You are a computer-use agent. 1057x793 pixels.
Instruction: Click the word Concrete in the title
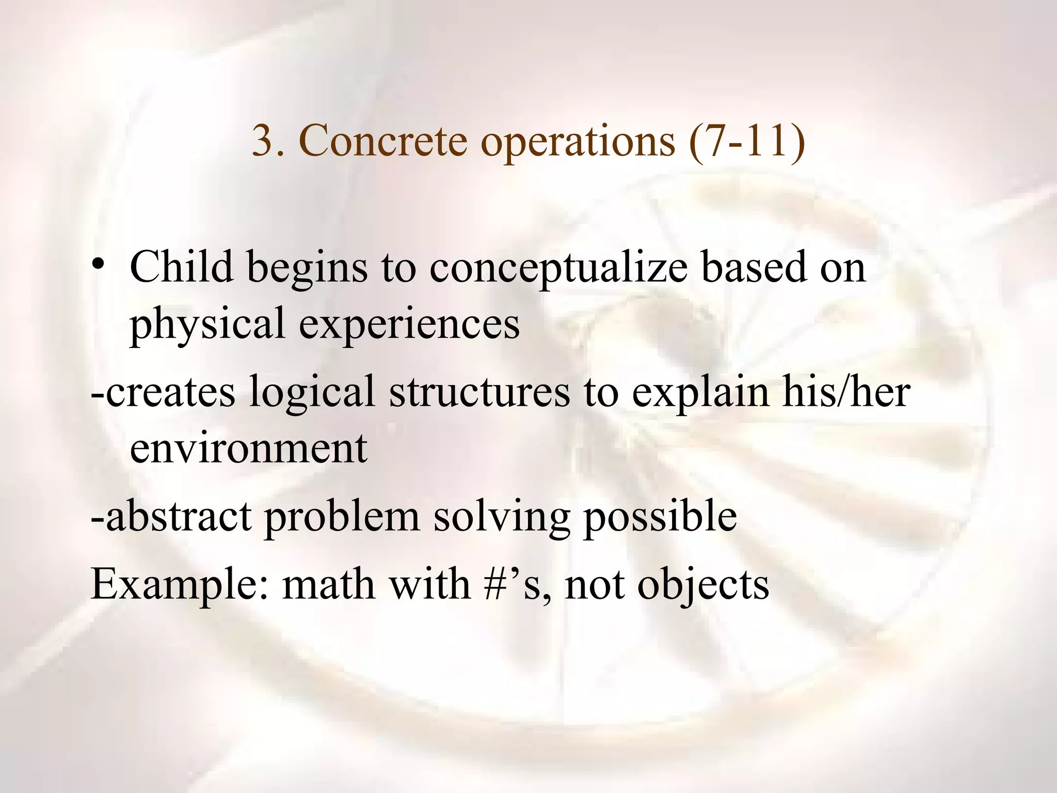click(x=382, y=141)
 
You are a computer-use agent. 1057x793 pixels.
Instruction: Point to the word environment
click(x=248, y=448)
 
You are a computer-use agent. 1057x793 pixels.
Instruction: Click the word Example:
click(x=179, y=585)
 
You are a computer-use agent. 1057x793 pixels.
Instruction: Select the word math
click(x=328, y=584)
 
